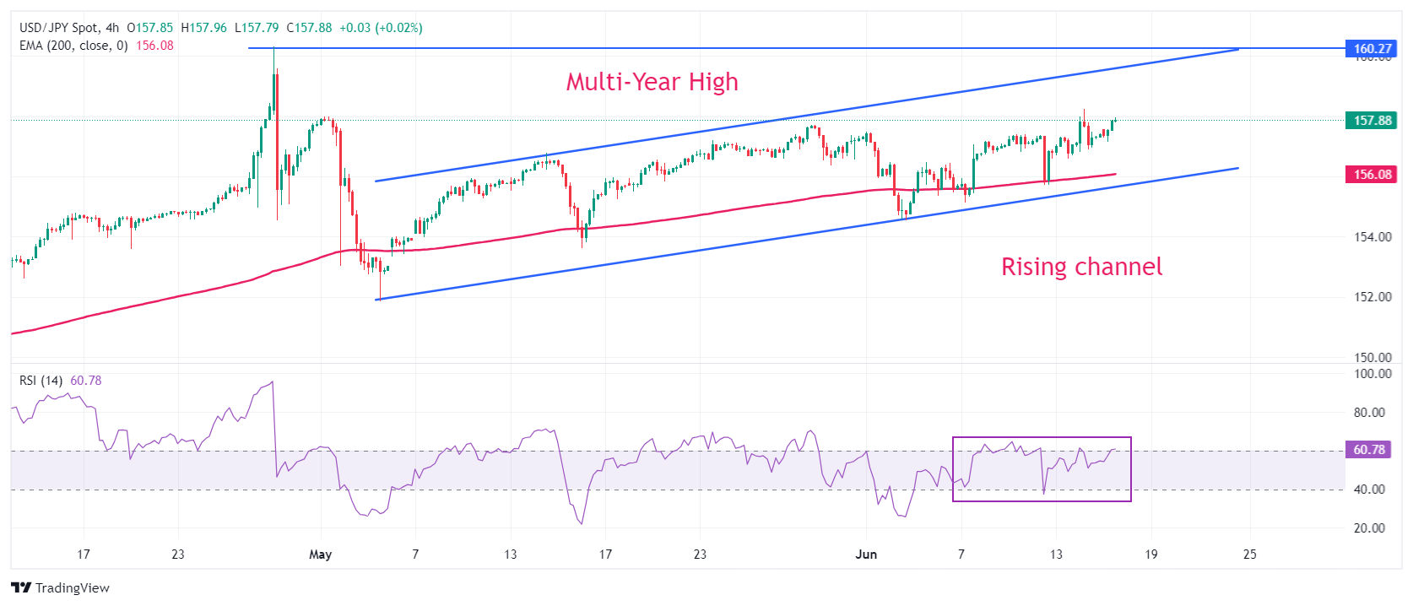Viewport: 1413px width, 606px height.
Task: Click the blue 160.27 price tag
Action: [x=1372, y=49]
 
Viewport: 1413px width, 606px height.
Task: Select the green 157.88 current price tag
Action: [x=1372, y=121]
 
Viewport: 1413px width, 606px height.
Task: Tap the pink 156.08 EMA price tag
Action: [x=1372, y=175]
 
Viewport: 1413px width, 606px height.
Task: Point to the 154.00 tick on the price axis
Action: [x=1372, y=237]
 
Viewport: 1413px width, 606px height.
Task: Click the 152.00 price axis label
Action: [x=1372, y=297]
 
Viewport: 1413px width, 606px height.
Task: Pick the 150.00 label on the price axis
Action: [x=1372, y=358]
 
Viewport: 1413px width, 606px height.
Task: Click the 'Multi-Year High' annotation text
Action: [x=652, y=82]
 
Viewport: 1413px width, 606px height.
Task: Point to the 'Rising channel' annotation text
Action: [x=1081, y=267]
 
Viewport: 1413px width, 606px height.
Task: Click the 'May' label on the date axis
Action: [x=321, y=555]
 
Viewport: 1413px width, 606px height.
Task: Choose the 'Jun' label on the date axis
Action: [x=866, y=555]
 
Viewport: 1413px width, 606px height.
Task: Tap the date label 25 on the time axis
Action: [x=1249, y=555]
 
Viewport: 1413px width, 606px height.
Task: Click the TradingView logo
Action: [x=61, y=587]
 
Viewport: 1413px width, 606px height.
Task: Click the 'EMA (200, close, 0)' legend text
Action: [x=73, y=46]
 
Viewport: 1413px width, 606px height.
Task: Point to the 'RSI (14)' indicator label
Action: [x=41, y=381]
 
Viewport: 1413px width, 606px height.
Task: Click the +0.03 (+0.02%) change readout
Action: [x=381, y=28]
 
